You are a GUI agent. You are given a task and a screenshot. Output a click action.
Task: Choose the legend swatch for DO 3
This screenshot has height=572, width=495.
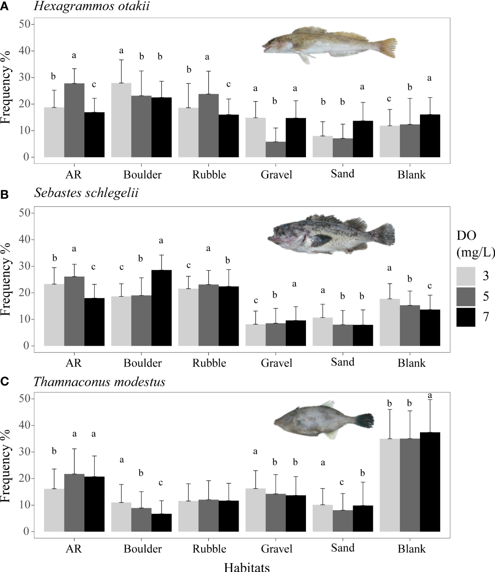click(466, 277)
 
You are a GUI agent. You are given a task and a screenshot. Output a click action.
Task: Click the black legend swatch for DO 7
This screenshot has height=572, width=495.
click(466, 317)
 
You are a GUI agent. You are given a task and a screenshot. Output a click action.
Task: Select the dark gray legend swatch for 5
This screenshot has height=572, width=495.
click(466, 297)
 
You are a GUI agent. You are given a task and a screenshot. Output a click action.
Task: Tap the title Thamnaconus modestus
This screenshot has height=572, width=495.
click(99, 382)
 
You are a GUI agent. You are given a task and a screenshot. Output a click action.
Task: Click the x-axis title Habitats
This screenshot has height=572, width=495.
click(247, 567)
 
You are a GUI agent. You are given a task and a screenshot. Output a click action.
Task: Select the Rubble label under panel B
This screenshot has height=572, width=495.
click(209, 363)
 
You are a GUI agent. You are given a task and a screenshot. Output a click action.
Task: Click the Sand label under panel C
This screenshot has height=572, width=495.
click(342, 548)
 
